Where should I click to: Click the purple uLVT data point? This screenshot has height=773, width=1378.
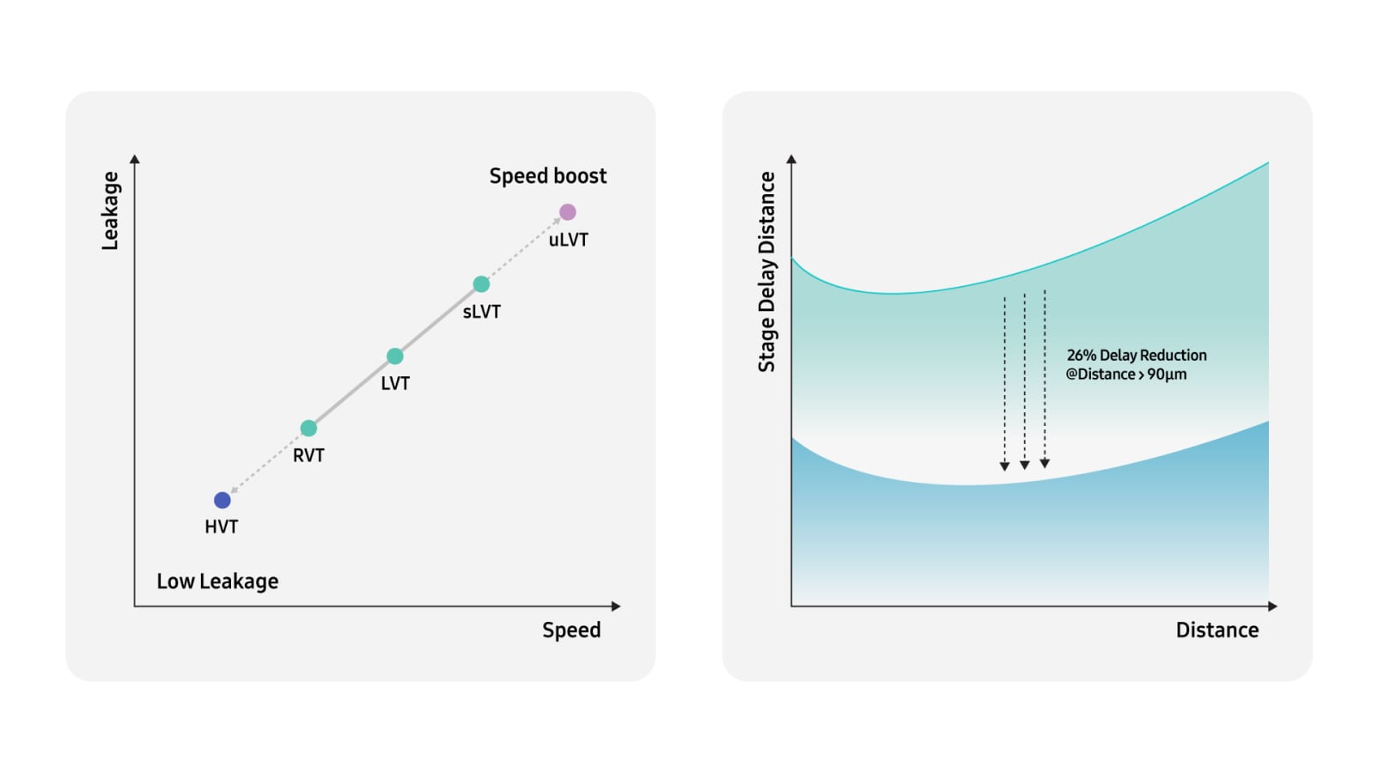[567, 212]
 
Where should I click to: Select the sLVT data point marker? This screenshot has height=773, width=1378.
[481, 284]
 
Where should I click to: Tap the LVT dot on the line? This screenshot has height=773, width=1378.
[395, 356]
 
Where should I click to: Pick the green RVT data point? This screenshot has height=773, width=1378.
[308, 428]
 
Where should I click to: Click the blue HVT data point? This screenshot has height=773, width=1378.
[223, 500]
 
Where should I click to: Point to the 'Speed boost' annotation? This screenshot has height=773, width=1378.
[547, 176]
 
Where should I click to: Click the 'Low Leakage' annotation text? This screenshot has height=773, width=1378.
[217, 581]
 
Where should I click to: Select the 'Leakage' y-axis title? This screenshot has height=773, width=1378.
[110, 210]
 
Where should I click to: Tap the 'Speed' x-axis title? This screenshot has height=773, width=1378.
[571, 630]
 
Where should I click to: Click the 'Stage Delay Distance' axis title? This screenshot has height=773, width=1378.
[766, 271]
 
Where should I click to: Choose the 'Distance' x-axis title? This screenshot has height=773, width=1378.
[1216, 630]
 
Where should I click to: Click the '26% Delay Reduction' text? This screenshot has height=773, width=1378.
[1136, 355]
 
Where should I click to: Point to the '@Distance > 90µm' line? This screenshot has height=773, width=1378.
[1125, 374]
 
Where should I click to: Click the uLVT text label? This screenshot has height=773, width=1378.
[568, 240]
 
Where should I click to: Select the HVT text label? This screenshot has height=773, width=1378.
[221, 526]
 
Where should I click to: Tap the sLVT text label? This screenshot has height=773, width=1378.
[481, 312]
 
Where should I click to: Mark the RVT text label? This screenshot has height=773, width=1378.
[308, 455]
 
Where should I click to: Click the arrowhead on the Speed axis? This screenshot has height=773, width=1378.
[615, 606]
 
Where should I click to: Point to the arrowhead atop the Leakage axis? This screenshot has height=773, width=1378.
[135, 159]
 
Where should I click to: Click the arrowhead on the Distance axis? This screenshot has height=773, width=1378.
[1272, 606]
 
